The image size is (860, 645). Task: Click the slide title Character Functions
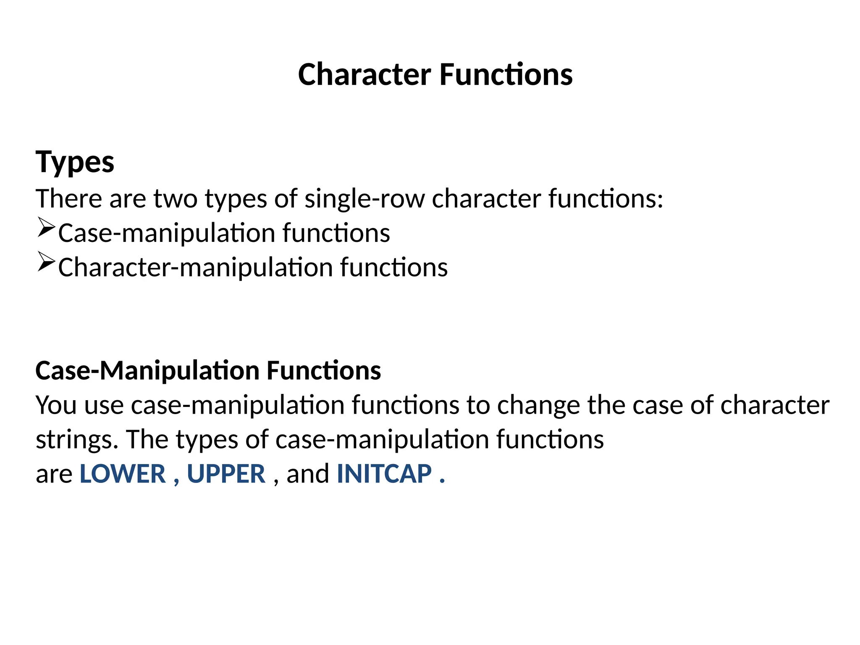435,75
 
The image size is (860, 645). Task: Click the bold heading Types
75,162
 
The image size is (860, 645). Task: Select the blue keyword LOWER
123,474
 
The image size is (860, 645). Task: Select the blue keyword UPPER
226,474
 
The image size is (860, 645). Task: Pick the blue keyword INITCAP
384,474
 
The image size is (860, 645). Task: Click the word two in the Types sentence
175,199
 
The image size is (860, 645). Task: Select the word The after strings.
147,440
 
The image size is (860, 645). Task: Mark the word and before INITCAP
308,474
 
